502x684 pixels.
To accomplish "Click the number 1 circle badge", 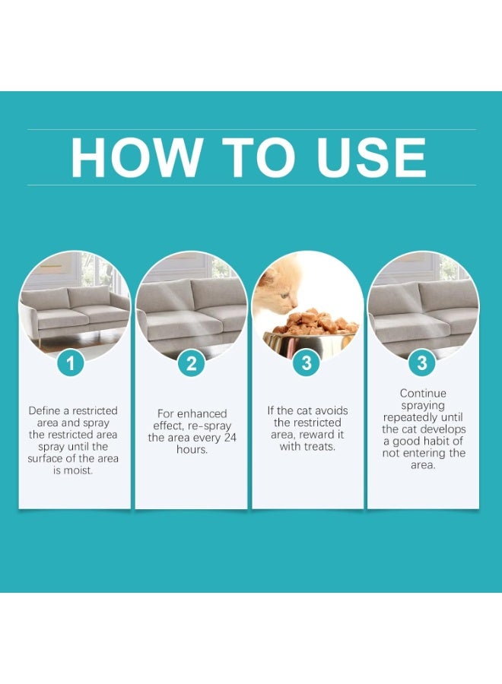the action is point(71,363).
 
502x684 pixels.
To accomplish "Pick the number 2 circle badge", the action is point(191,363).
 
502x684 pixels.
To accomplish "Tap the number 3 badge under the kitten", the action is point(307,363).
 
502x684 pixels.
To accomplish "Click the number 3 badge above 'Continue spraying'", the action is point(422,363).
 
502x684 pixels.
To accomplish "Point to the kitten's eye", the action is point(284,296).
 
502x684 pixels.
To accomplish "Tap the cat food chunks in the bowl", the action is point(315,321).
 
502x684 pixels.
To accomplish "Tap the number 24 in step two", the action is point(230,438).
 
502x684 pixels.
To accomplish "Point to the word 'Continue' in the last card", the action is point(423,394).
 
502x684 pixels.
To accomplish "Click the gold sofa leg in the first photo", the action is point(42,340).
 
